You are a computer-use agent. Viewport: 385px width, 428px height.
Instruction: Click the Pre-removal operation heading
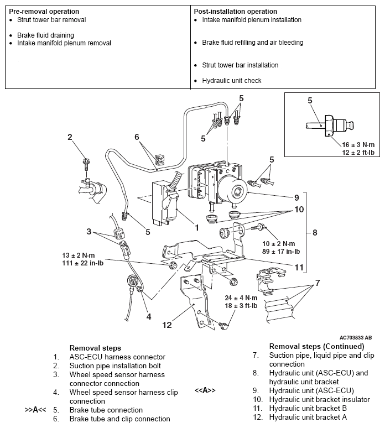tap(44, 12)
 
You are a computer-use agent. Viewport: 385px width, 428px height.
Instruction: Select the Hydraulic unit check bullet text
tap(232, 81)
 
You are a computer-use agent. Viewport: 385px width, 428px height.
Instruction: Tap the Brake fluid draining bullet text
tap(41, 35)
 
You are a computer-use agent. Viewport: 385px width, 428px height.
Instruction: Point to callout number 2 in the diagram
tap(70, 137)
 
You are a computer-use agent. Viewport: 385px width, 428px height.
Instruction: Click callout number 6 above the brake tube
tap(137, 137)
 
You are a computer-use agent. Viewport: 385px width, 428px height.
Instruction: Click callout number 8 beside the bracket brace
tap(314, 233)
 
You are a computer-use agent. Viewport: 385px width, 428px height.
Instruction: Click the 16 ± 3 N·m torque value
tap(352, 144)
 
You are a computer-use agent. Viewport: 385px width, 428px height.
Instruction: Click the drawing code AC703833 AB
tap(360, 337)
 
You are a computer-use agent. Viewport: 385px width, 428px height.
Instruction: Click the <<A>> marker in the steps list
tap(205, 390)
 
